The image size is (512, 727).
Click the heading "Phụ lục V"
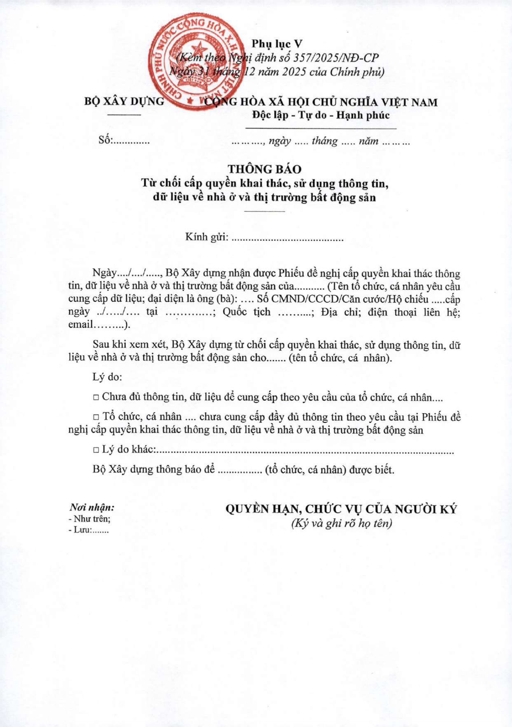point(277,44)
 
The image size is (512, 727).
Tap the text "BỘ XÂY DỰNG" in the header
point(124,101)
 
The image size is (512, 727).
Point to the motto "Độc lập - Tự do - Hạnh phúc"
point(321,115)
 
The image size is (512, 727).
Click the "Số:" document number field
point(124,140)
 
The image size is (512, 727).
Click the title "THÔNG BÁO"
point(265,169)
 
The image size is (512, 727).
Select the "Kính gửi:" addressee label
point(206,237)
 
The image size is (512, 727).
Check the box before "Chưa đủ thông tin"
point(96,398)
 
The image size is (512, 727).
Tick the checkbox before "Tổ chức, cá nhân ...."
point(96,417)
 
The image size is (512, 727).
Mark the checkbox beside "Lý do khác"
point(96,450)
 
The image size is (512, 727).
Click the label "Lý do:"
point(107,377)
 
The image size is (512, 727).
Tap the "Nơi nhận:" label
point(92,507)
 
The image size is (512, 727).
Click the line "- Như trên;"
point(89,519)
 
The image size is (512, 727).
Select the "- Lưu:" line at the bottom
point(88,530)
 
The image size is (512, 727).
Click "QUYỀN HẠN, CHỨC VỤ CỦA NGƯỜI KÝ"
point(341,509)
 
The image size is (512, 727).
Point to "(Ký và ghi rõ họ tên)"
point(341,523)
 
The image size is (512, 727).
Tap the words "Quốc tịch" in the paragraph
point(247,312)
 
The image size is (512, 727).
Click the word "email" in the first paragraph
point(81,324)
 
